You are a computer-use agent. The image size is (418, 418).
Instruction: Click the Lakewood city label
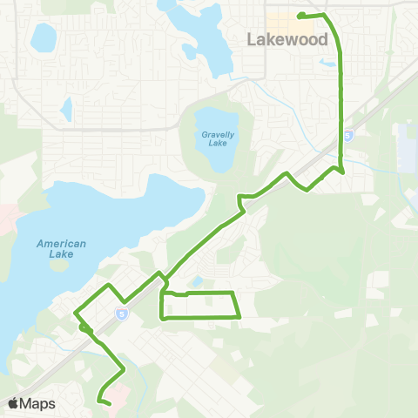coord(287,40)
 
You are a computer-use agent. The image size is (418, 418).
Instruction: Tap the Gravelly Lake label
coord(213,138)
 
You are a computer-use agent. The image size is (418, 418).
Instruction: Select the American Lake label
coord(61,249)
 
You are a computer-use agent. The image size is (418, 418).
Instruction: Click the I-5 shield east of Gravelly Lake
coord(347,137)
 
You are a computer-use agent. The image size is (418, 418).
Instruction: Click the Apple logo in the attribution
coord(13,403)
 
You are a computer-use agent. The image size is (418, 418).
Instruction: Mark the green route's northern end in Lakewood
coord(300,16)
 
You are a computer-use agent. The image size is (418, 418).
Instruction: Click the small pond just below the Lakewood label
coord(327,62)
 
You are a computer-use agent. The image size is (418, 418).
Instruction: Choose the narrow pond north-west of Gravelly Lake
coord(65,109)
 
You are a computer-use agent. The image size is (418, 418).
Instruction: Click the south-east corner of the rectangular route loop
coord(239,316)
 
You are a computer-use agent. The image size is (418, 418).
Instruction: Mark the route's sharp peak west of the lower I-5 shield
coord(108,286)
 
